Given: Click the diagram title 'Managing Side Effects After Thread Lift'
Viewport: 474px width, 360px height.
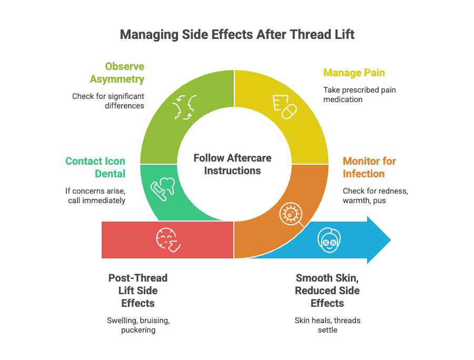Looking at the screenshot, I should click(x=237, y=35).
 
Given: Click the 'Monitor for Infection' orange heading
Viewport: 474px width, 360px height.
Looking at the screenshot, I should click(x=369, y=167).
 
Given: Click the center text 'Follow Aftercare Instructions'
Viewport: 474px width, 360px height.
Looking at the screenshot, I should click(x=232, y=164).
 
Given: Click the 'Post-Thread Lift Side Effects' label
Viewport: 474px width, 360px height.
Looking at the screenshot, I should click(x=138, y=290).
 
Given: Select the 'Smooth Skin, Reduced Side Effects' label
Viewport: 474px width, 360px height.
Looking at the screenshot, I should click(x=327, y=290).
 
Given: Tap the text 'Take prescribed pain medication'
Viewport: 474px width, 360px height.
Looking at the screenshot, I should click(x=359, y=94).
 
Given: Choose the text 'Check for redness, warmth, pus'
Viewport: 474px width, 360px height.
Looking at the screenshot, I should click(x=375, y=195).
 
